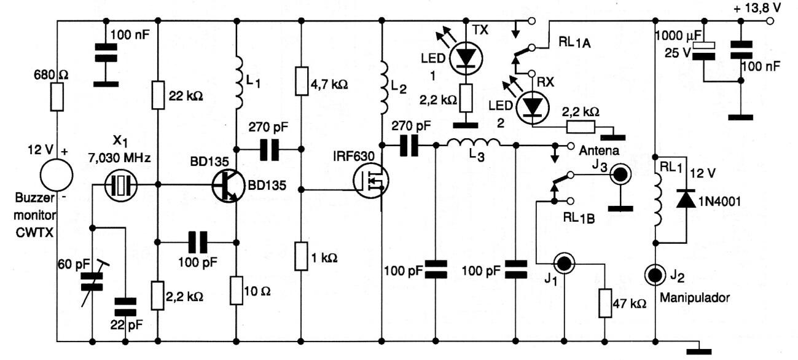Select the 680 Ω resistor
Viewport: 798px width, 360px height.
[57, 97]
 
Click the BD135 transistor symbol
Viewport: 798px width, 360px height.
[227, 185]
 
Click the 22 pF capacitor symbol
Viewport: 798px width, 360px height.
[127, 305]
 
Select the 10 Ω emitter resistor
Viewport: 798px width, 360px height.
[237, 290]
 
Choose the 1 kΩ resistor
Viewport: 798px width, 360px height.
[301, 256]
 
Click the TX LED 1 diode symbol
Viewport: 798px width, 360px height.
[466, 57]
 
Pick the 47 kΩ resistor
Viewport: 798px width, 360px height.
[606, 303]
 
